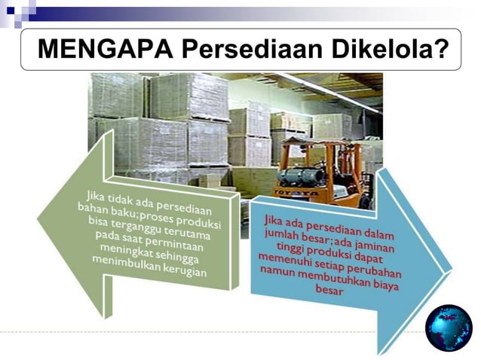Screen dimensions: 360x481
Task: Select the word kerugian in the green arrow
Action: coord(181,270)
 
